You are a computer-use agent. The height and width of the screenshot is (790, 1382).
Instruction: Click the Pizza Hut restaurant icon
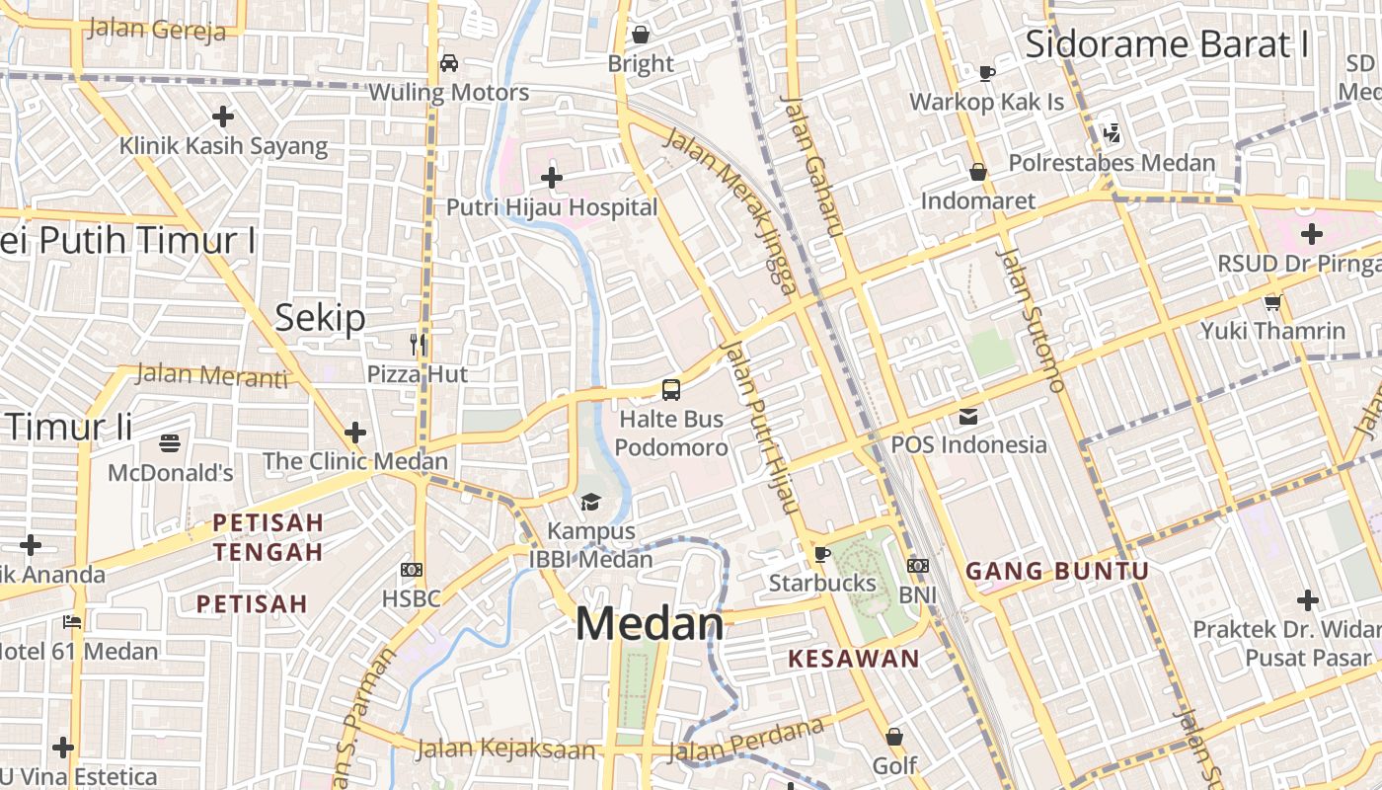coord(418,344)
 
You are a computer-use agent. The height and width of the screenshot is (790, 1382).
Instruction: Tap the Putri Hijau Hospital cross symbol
coord(552,178)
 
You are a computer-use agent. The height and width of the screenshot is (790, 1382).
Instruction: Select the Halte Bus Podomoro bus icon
coord(671,389)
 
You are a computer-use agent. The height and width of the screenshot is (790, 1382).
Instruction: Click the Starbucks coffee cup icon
coord(821,553)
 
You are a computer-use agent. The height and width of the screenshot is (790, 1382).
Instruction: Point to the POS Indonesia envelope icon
coord(967,416)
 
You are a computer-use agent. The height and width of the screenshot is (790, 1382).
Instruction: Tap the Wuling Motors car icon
coord(448,63)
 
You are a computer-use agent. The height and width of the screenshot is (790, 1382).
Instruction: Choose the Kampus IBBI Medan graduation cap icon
coord(590,502)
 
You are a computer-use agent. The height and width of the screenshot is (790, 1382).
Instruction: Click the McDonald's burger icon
coord(170,442)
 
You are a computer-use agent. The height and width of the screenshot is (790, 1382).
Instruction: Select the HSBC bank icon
coord(412,569)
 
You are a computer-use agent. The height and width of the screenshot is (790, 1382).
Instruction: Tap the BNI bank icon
coord(918,566)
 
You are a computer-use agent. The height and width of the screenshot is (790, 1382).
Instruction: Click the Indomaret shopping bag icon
coord(977,172)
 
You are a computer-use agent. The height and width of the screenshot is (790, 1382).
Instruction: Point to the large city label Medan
coord(650,624)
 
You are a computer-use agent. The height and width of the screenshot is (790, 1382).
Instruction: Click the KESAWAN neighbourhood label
coord(854,658)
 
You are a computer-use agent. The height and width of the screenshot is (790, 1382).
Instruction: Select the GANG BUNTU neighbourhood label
coord(1057,571)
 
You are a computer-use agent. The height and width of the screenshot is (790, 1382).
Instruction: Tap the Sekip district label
coord(320,317)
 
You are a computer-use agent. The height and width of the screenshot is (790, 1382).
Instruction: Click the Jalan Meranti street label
coord(211,375)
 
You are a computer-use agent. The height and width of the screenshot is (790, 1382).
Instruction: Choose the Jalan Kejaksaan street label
coord(506,749)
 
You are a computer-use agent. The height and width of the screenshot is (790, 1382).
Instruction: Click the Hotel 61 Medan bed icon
coord(72,622)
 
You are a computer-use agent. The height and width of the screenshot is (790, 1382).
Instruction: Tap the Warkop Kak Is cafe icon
coord(986,72)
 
